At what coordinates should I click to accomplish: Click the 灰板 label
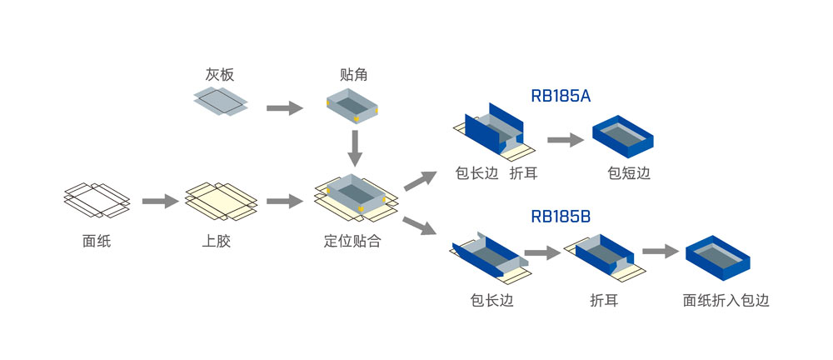point(220,75)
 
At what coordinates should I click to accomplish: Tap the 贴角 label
point(354,75)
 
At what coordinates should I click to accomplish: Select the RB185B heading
point(561,217)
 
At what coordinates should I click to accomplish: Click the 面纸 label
point(97,242)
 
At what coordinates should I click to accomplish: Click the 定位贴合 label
point(352,242)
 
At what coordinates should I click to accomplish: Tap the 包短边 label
point(629,173)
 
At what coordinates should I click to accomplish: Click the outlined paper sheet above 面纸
point(97,200)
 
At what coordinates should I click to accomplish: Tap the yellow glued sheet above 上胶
point(220,201)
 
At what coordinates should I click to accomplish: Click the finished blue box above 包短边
point(623,136)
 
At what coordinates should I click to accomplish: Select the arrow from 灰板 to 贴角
point(283,107)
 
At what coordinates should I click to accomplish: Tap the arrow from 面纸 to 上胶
point(160,201)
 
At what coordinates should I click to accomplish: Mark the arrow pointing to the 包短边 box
point(565,140)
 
